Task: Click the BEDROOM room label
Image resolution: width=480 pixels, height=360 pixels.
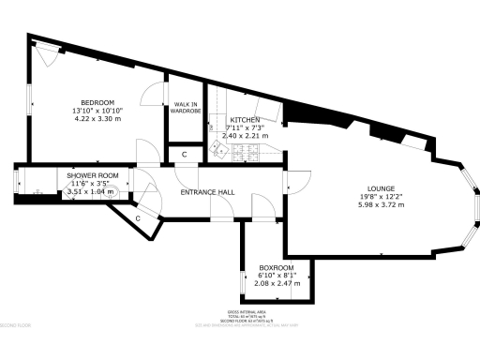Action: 97,102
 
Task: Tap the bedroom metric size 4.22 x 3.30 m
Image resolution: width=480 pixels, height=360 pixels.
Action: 97,119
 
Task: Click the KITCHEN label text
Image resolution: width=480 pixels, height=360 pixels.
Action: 244,120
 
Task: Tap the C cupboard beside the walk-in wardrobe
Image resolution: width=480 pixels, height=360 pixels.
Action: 185,154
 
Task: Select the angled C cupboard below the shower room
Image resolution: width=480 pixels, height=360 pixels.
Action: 138,217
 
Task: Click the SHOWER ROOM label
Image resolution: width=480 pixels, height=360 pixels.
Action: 92,175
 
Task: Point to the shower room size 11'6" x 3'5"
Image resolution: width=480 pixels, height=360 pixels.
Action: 92,184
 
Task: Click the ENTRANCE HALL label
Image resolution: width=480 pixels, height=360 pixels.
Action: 207,192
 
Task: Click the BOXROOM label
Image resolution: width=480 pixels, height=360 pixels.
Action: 277,268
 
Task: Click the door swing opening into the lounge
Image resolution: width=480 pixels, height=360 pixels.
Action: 297,184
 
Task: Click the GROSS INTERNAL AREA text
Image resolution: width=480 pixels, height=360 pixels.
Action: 247,311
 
